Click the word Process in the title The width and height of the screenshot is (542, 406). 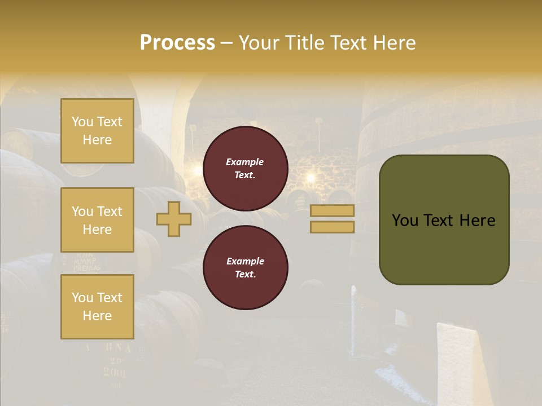click(177, 43)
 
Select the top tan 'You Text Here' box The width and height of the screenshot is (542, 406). click(97, 131)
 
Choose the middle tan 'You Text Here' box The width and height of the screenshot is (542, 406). click(97, 220)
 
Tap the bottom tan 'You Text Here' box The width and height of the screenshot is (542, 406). click(97, 307)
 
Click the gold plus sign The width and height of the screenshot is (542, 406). click(173, 219)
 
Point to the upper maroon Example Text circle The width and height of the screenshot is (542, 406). click(245, 169)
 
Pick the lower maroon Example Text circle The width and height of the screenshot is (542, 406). click(245, 268)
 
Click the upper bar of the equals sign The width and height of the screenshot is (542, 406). click(332, 210)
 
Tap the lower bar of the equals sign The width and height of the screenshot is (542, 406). click(332, 227)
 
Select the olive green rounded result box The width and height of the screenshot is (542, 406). click(444, 219)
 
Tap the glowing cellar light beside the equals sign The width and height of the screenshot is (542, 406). click(310, 178)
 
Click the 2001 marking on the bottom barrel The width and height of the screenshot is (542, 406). click(115, 372)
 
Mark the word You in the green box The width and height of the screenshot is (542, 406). click(405, 220)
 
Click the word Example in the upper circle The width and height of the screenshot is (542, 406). click(245, 162)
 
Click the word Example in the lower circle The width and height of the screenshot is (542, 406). click(245, 261)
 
